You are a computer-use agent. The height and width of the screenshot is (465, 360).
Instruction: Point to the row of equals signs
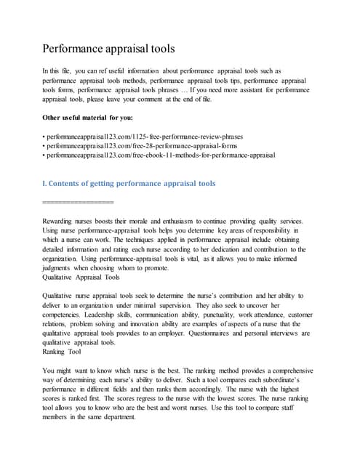pos(79,201)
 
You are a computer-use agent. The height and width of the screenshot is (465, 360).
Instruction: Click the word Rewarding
pos(63,221)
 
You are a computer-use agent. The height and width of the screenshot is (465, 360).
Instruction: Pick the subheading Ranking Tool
pos(62,352)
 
